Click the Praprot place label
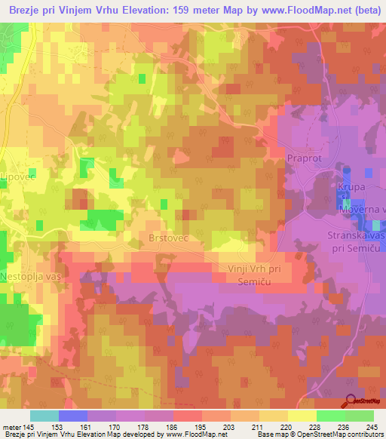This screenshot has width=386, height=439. pos(304,158)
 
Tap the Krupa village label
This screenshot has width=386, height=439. pos(350,186)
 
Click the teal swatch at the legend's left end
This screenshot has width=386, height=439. pos(44,416)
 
